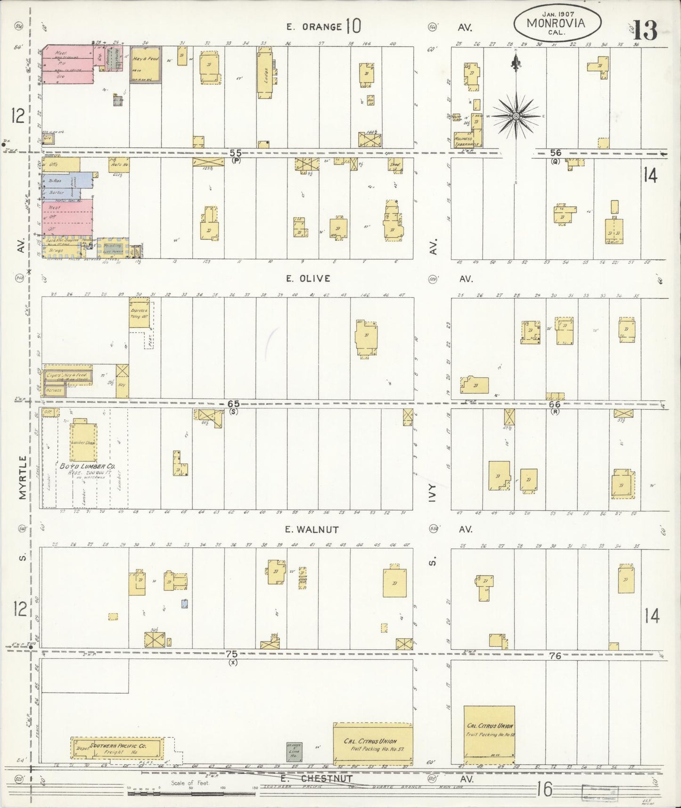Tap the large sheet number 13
645,31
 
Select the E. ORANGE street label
314,27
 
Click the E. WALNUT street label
311,529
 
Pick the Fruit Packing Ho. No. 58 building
489,733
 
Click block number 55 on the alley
236,152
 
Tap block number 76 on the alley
555,655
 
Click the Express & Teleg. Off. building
139,312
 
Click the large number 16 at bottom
545,789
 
